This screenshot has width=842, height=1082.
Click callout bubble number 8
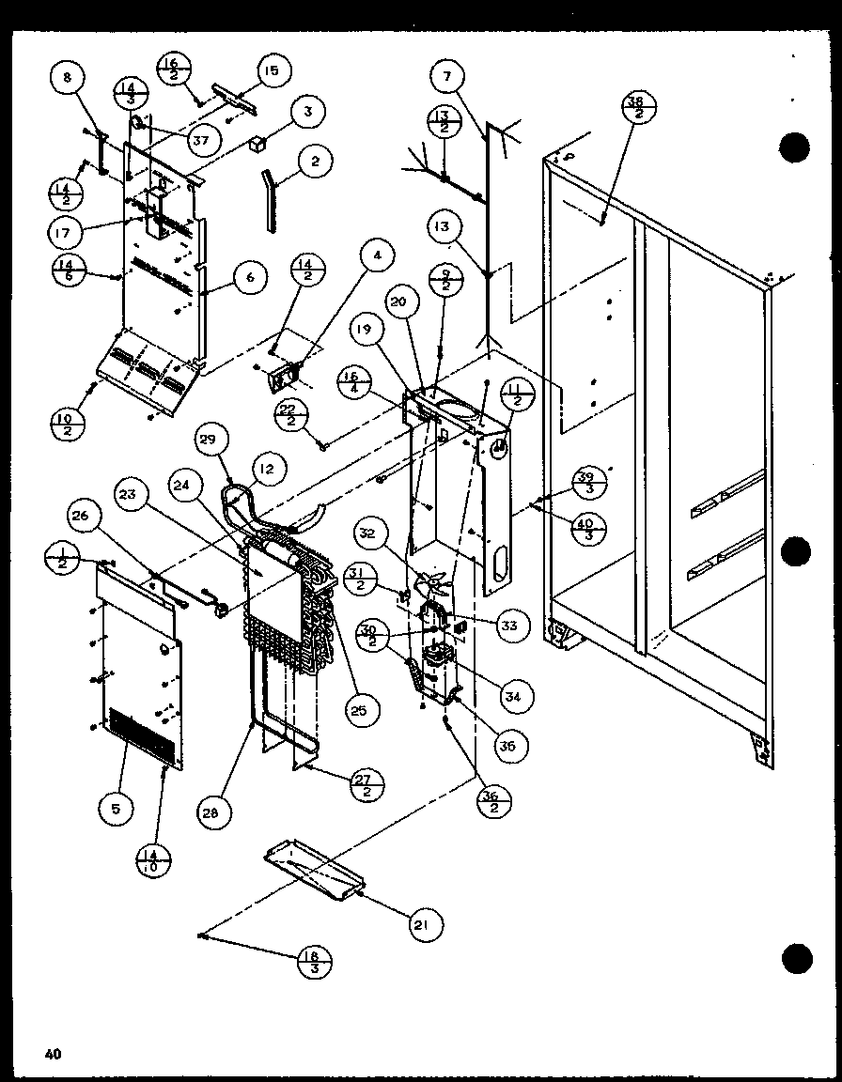(67, 79)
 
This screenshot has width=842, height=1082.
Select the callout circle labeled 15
(272, 70)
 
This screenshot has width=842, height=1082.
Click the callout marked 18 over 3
(313, 962)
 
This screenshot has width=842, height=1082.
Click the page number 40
(53, 1054)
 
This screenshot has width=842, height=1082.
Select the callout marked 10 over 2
(67, 424)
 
